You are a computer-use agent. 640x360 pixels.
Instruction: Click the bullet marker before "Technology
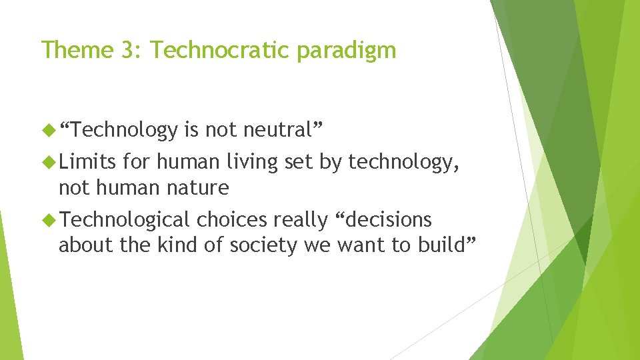click(x=50, y=130)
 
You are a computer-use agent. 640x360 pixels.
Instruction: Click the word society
click(x=263, y=246)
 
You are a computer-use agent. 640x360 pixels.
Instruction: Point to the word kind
click(x=175, y=245)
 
